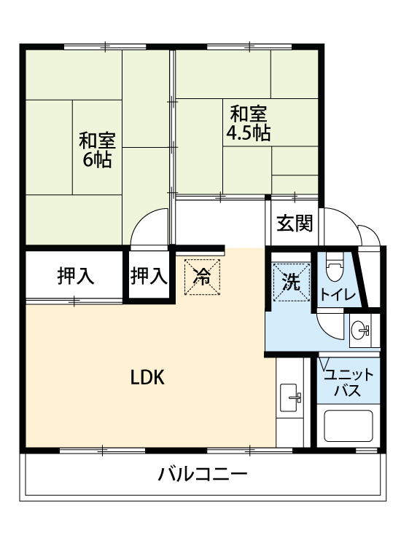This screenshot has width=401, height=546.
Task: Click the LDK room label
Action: (x=147, y=377)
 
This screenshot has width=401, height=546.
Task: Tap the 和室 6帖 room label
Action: (x=97, y=150)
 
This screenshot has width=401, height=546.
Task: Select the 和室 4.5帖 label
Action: (x=249, y=123)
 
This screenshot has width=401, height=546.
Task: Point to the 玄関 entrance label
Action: (x=295, y=223)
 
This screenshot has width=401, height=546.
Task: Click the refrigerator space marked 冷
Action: (x=202, y=277)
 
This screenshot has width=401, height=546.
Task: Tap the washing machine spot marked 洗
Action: (x=292, y=282)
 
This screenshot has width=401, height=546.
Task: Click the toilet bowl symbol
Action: (x=335, y=267)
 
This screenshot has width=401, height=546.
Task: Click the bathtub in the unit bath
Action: (x=348, y=426)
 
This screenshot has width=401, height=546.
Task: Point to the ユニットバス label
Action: (x=349, y=383)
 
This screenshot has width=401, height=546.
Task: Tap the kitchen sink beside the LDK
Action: (x=289, y=397)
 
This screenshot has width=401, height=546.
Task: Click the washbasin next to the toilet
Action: (x=360, y=329)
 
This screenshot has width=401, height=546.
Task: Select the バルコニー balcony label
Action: (x=203, y=474)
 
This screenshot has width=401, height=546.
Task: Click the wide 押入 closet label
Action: (x=76, y=276)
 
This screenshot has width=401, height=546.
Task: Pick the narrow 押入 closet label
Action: (x=149, y=276)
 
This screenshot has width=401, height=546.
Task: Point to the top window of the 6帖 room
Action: (x=105, y=47)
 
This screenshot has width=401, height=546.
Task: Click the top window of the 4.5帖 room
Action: (x=249, y=47)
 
